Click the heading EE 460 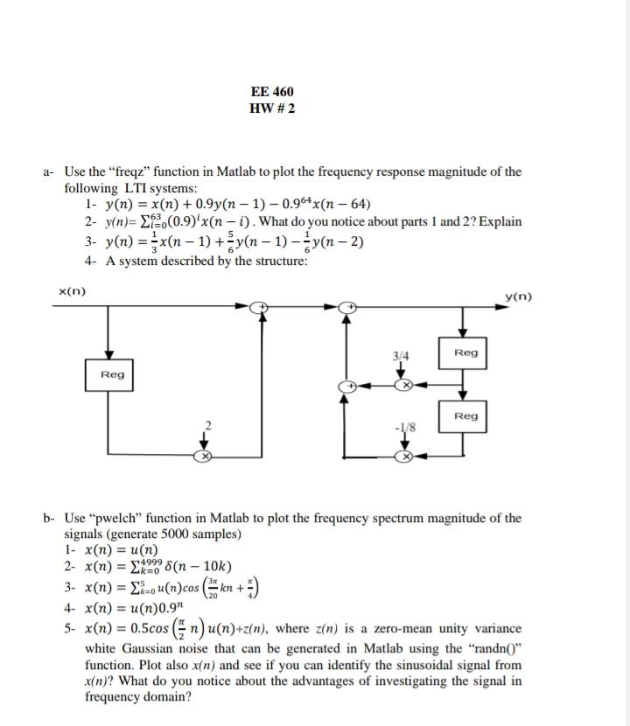[272, 92]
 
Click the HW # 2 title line [272, 108]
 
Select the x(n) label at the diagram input [71, 291]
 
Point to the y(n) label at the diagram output [520, 297]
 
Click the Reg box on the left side [112, 374]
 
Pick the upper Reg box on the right [466, 352]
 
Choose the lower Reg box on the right [466, 415]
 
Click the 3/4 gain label [402, 356]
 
